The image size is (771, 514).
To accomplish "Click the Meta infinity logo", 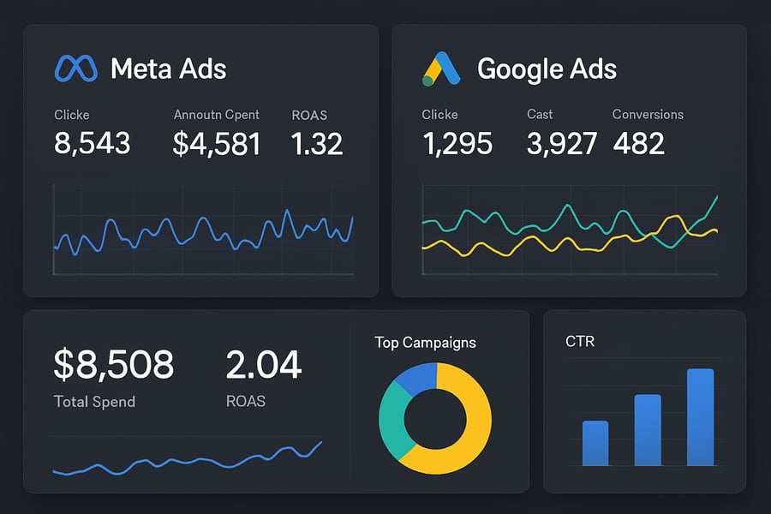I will tap(76, 69).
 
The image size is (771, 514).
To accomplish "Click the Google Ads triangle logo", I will tap(442, 69).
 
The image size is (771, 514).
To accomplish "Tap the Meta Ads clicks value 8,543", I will tap(93, 143).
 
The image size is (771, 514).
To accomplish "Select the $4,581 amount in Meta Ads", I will tap(217, 143).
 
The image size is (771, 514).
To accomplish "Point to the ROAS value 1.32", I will tap(317, 143).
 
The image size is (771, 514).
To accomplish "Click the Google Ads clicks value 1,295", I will tap(457, 143).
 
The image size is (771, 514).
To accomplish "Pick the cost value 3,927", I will tap(562, 143).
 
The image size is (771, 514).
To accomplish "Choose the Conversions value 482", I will tap(639, 143).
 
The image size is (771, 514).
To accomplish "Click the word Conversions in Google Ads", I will tap(648, 114).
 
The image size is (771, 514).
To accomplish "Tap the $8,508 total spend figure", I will tap(113, 365).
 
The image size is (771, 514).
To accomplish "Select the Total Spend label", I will tap(94, 401).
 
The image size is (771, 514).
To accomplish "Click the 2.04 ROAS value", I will tap(264, 365).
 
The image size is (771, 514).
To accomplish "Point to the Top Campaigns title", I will tap(425, 343).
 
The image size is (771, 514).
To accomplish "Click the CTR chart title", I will tap(580, 342).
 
